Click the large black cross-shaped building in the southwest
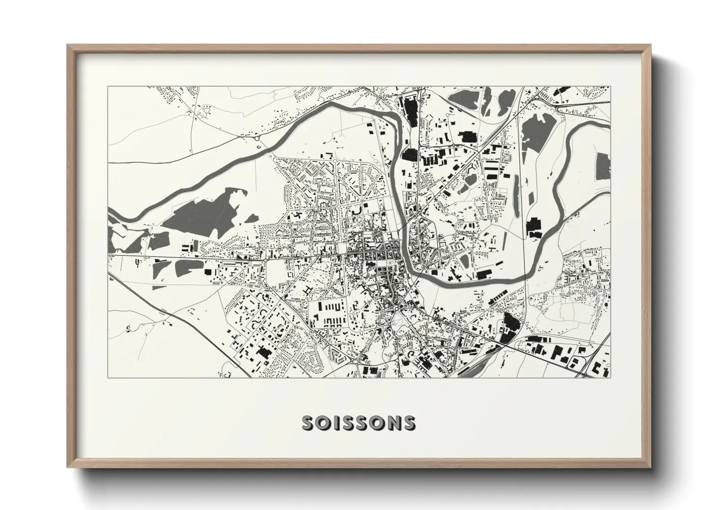263,352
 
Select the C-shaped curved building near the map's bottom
411,356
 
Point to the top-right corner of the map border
610,86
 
